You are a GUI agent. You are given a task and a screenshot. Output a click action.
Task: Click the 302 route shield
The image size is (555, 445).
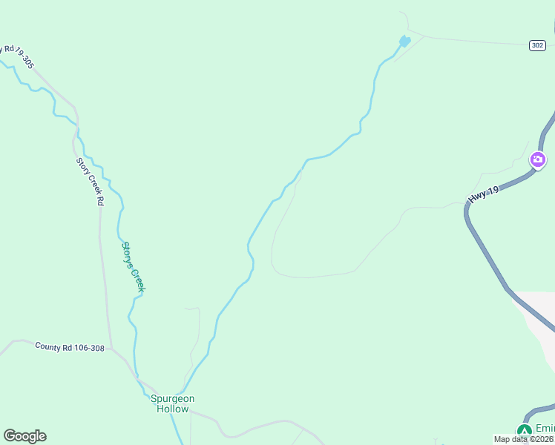[539, 45]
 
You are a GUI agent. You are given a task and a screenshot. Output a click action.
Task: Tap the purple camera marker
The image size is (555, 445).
[538, 159]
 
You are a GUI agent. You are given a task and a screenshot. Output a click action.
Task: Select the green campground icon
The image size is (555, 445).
[525, 431]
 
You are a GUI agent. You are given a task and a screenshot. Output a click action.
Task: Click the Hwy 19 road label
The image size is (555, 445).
[484, 195]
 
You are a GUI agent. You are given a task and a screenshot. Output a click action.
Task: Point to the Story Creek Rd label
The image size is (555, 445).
[90, 181]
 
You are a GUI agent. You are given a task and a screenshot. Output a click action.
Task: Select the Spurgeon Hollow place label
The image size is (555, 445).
[173, 403]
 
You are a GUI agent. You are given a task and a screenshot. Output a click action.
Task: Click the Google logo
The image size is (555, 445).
[24, 436]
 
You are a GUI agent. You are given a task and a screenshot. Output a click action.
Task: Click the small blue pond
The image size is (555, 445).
[404, 42]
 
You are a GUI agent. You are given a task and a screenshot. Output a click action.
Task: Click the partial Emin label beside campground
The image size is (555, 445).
[545, 429]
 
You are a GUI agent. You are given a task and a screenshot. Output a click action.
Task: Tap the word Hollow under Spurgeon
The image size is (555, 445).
[173, 409]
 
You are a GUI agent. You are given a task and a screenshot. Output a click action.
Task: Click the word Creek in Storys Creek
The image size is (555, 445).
[137, 279]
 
